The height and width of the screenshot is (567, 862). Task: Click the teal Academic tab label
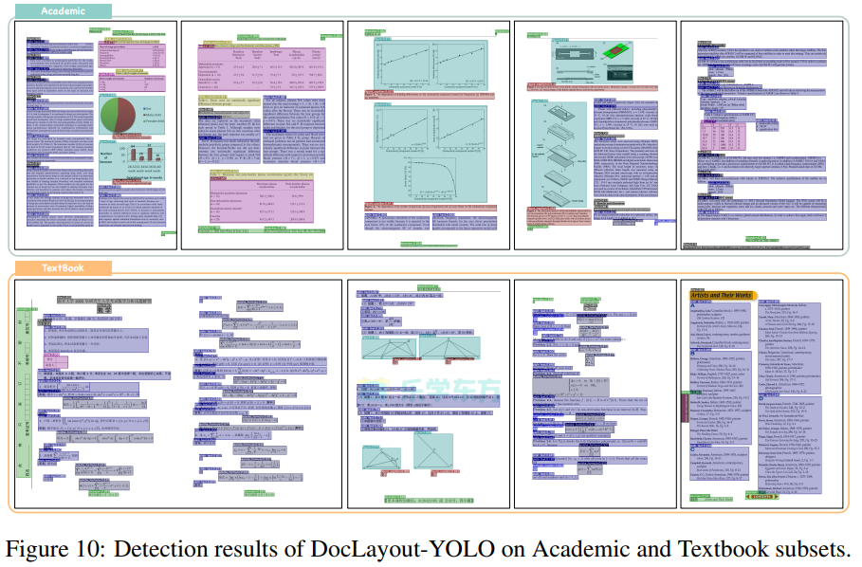[x=63, y=10]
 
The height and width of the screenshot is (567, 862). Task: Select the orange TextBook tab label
[x=63, y=268]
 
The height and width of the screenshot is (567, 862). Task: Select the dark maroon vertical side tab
[x=685, y=404]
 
